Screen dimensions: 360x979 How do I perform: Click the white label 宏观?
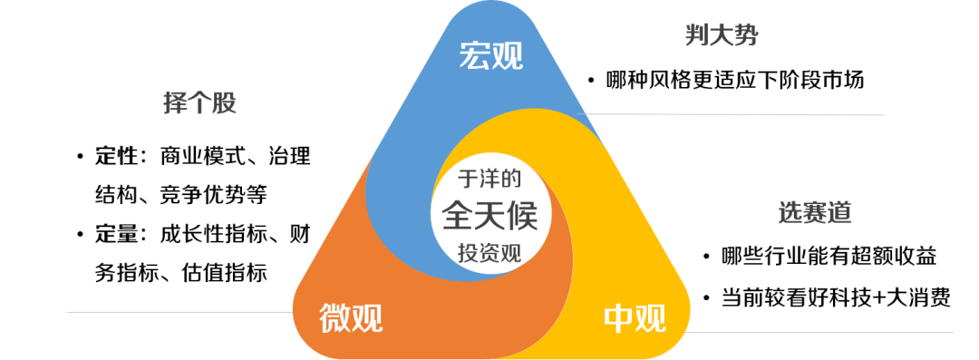coord(490,57)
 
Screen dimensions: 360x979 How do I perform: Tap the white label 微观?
coord(351,318)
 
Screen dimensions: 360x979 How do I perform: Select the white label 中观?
coord(635,318)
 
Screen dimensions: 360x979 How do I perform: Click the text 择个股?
coord(199,103)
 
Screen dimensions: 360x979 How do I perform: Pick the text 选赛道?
coord(814,213)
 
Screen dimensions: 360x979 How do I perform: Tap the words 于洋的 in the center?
coord(489,178)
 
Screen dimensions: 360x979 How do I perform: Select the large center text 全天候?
coord(489,215)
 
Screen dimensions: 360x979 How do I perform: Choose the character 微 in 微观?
coord(335,318)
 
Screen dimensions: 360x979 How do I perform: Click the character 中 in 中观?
coord(618,318)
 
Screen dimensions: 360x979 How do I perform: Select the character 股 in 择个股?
coord(224,103)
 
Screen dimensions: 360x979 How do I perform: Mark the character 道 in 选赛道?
coord(838,213)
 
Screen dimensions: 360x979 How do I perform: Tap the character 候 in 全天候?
coord(523,215)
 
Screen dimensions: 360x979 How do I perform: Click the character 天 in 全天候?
coord(489,215)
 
